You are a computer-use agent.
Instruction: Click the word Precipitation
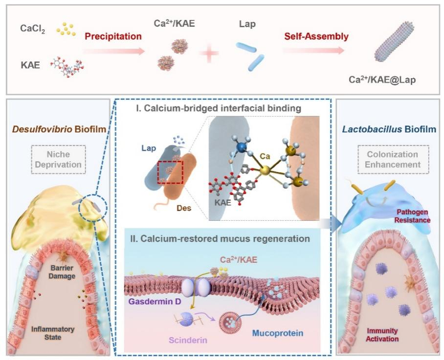click(x=113, y=36)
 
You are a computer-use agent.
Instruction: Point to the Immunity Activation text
click(x=383, y=335)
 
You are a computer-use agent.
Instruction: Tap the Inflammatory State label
click(x=54, y=333)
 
